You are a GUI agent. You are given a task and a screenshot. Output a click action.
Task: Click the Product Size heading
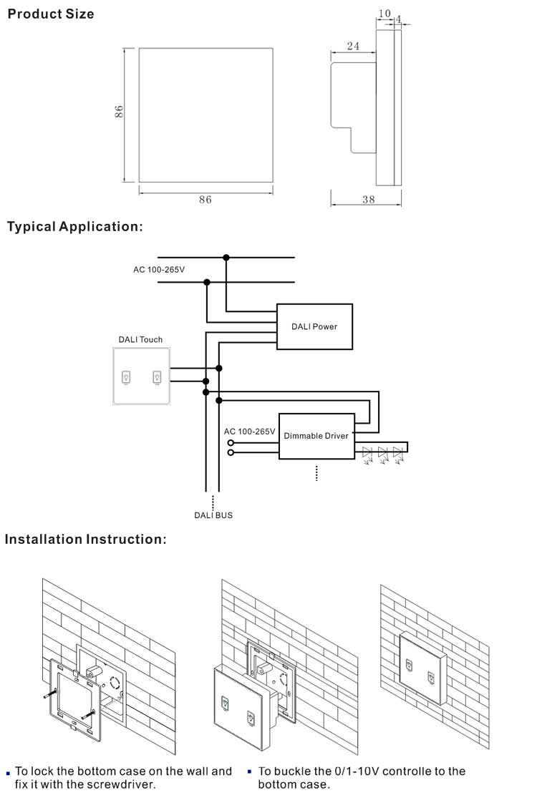tap(50, 14)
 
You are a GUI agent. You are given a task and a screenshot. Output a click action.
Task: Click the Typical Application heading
tap(75, 227)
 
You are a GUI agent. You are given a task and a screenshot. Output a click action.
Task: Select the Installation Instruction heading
tap(85, 539)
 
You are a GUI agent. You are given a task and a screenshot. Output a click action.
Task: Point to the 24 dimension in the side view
tap(353, 47)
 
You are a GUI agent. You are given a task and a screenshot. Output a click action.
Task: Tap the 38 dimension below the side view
tap(368, 200)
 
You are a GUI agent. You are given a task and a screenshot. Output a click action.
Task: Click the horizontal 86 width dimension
tap(205, 200)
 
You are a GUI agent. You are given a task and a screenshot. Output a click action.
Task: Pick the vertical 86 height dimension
tap(120, 111)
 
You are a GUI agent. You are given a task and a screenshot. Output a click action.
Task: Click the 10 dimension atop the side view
tap(384, 14)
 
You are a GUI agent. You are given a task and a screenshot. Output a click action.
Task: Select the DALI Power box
tap(314, 326)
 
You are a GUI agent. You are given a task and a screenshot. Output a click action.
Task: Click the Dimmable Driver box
tap(316, 436)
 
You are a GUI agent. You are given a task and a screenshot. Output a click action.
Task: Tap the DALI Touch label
tap(140, 339)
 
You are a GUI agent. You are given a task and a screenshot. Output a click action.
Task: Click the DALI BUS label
tap(213, 515)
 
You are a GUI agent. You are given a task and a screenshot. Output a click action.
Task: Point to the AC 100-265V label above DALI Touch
tap(159, 270)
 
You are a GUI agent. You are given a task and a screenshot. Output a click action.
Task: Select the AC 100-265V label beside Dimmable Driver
tap(249, 432)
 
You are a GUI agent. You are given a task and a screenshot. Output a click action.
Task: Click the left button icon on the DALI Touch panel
tap(127, 376)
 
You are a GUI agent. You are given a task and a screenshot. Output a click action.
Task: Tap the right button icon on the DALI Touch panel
tap(156, 376)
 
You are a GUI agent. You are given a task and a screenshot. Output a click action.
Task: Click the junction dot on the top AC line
tap(226, 257)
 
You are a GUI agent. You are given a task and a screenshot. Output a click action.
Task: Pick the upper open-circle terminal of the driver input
tap(231, 443)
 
